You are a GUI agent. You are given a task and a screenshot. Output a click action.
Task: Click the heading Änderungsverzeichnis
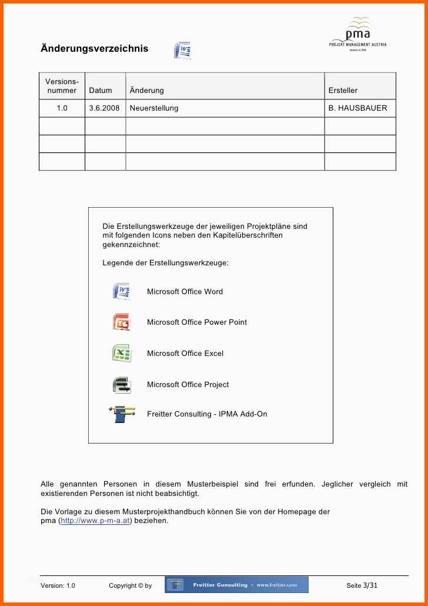tap(94, 49)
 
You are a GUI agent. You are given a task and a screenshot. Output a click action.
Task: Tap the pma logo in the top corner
tap(357, 35)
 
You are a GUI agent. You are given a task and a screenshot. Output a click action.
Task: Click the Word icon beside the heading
tap(182, 51)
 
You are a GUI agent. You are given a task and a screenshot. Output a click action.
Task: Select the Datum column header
tap(101, 91)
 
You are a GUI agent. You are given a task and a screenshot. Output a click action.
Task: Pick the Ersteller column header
tap(343, 91)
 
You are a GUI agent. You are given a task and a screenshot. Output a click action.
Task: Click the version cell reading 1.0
tap(62, 108)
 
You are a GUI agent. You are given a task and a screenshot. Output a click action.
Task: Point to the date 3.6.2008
tap(104, 108)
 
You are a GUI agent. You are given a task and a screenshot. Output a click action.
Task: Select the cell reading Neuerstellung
tap(154, 108)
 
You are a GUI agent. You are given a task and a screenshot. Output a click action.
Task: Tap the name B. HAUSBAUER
tap(357, 108)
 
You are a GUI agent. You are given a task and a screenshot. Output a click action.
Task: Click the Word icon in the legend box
tap(121, 291)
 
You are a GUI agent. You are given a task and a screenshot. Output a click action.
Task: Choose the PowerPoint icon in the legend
tap(121, 322)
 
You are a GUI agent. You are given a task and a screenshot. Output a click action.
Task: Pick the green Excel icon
tap(121, 354)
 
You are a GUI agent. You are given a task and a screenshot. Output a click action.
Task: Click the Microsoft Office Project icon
tap(121, 385)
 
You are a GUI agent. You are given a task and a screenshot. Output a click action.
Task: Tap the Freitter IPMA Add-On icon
tap(122, 414)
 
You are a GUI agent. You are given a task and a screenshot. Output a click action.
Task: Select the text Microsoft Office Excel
tap(185, 354)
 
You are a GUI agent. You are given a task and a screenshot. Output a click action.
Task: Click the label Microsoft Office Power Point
tap(197, 322)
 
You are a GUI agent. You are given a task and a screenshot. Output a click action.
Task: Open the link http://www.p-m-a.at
tap(95, 521)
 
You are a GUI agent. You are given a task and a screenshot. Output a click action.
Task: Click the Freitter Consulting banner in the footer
tap(236, 585)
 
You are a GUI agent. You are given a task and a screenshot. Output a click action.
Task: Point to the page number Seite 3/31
tap(362, 585)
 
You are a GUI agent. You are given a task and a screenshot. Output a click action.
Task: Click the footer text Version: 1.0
tap(58, 586)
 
